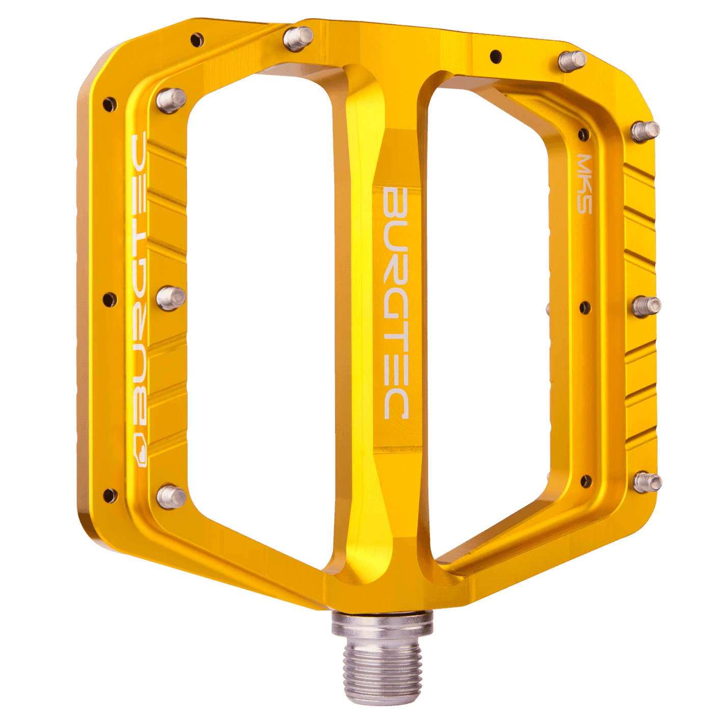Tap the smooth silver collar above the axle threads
tap(382, 624)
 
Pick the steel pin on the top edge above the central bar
tap(298, 39)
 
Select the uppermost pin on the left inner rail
tap(171, 100)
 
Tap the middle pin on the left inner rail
tap(170, 297)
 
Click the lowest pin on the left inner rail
tap(171, 496)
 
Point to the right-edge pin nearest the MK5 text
tap(645, 131)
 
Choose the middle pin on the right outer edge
tap(646, 306)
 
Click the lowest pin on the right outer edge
tap(647, 481)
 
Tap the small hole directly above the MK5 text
tap(584, 134)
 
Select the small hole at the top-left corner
tap(197, 39)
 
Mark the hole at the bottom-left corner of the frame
tap(109, 494)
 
